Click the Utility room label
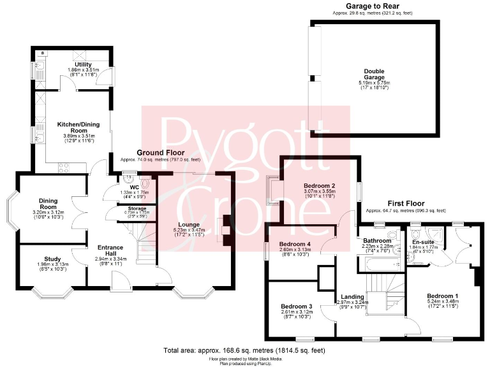[83, 64]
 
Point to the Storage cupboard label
[135, 208]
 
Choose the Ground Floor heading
[159, 153]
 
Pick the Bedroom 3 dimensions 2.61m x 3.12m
[297, 312]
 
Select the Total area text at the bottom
[244, 350]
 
